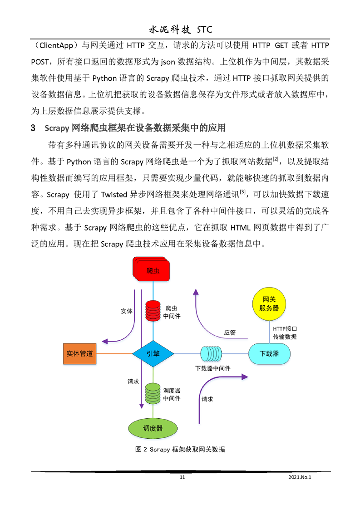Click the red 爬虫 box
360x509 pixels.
pyautogui.click(x=153, y=271)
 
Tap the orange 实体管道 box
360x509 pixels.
pyautogui.click(x=80, y=353)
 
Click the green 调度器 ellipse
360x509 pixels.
pyautogui.click(x=153, y=428)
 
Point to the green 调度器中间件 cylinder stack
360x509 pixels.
pyautogui.click(x=153, y=394)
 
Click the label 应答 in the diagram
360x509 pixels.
pyautogui.click(x=230, y=333)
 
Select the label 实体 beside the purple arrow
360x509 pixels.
pyautogui.click(x=127, y=312)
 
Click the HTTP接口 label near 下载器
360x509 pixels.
pyautogui.click(x=285, y=329)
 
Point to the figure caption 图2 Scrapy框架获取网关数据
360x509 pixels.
pyautogui.click(x=180, y=450)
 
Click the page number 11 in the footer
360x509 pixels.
pyautogui.click(x=182, y=477)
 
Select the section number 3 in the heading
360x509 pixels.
pyautogui.click(x=33, y=127)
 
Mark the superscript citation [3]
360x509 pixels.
pyautogui.click(x=243, y=191)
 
